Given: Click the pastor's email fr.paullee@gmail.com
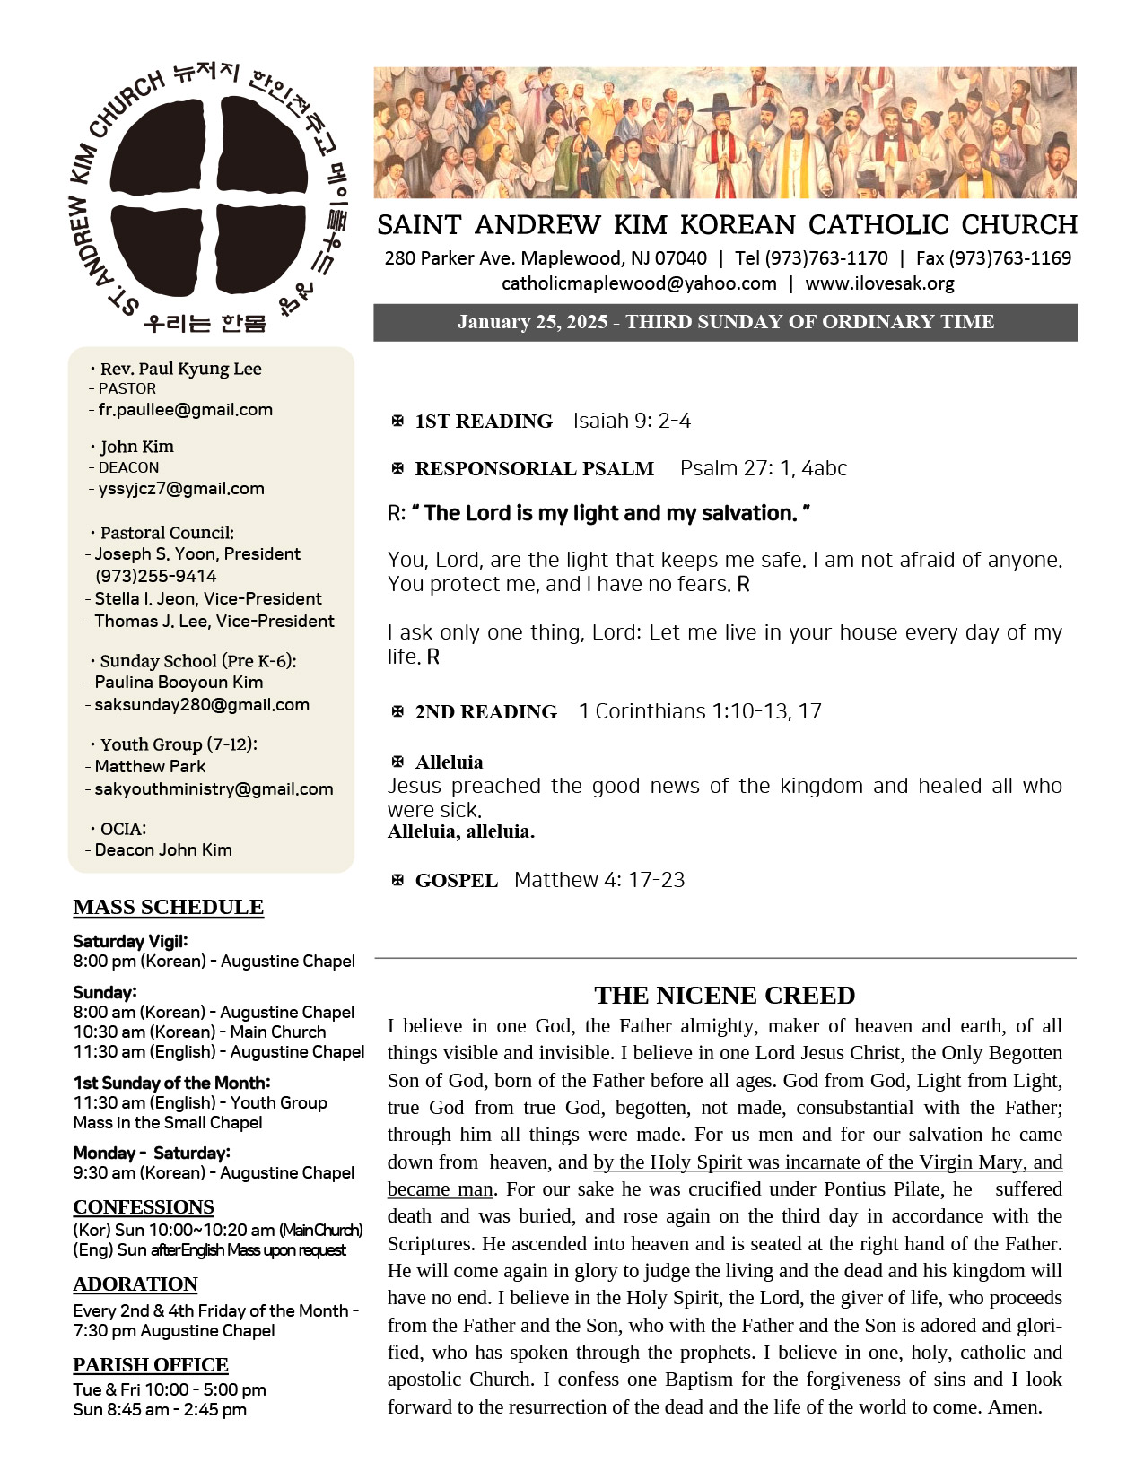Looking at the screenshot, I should (185, 410).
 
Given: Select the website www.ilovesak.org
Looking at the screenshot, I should (879, 283).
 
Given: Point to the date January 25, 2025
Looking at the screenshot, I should (532, 322).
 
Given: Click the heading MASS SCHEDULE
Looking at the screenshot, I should (169, 907).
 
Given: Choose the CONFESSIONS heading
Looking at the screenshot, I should (144, 1206).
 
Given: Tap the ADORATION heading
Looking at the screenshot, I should (135, 1284).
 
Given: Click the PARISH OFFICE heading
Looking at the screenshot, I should (151, 1364).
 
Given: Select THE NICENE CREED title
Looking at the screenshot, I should (724, 995).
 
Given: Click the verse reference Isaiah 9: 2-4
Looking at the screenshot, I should (632, 421).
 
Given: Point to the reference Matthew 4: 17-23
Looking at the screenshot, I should (599, 880).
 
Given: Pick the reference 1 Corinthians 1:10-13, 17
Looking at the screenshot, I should (700, 711).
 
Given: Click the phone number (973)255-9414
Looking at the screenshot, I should (156, 576).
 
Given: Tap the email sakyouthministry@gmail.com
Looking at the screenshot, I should (214, 789).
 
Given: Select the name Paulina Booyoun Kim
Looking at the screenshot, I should (179, 683).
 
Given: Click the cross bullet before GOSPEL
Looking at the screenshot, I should (397, 880).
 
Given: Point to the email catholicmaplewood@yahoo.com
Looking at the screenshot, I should (639, 283).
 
